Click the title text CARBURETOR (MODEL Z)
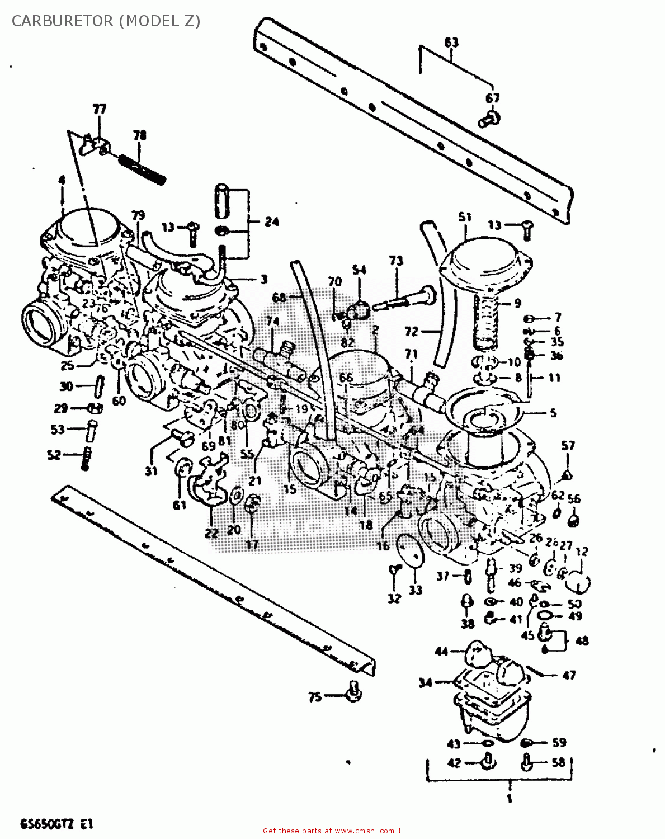pos(106,21)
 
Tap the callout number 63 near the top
pos(451,43)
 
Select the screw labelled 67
pos(489,118)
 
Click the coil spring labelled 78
pos(142,167)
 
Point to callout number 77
pos(99,109)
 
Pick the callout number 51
pos(465,217)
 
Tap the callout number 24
pos(271,222)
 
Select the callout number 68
pos(279,297)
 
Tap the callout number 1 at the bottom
pos(509,799)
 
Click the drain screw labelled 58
pos(527,762)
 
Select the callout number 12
pos(582,552)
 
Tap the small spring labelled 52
pos(86,458)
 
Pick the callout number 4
pos(61,181)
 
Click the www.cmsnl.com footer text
pos(332,831)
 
